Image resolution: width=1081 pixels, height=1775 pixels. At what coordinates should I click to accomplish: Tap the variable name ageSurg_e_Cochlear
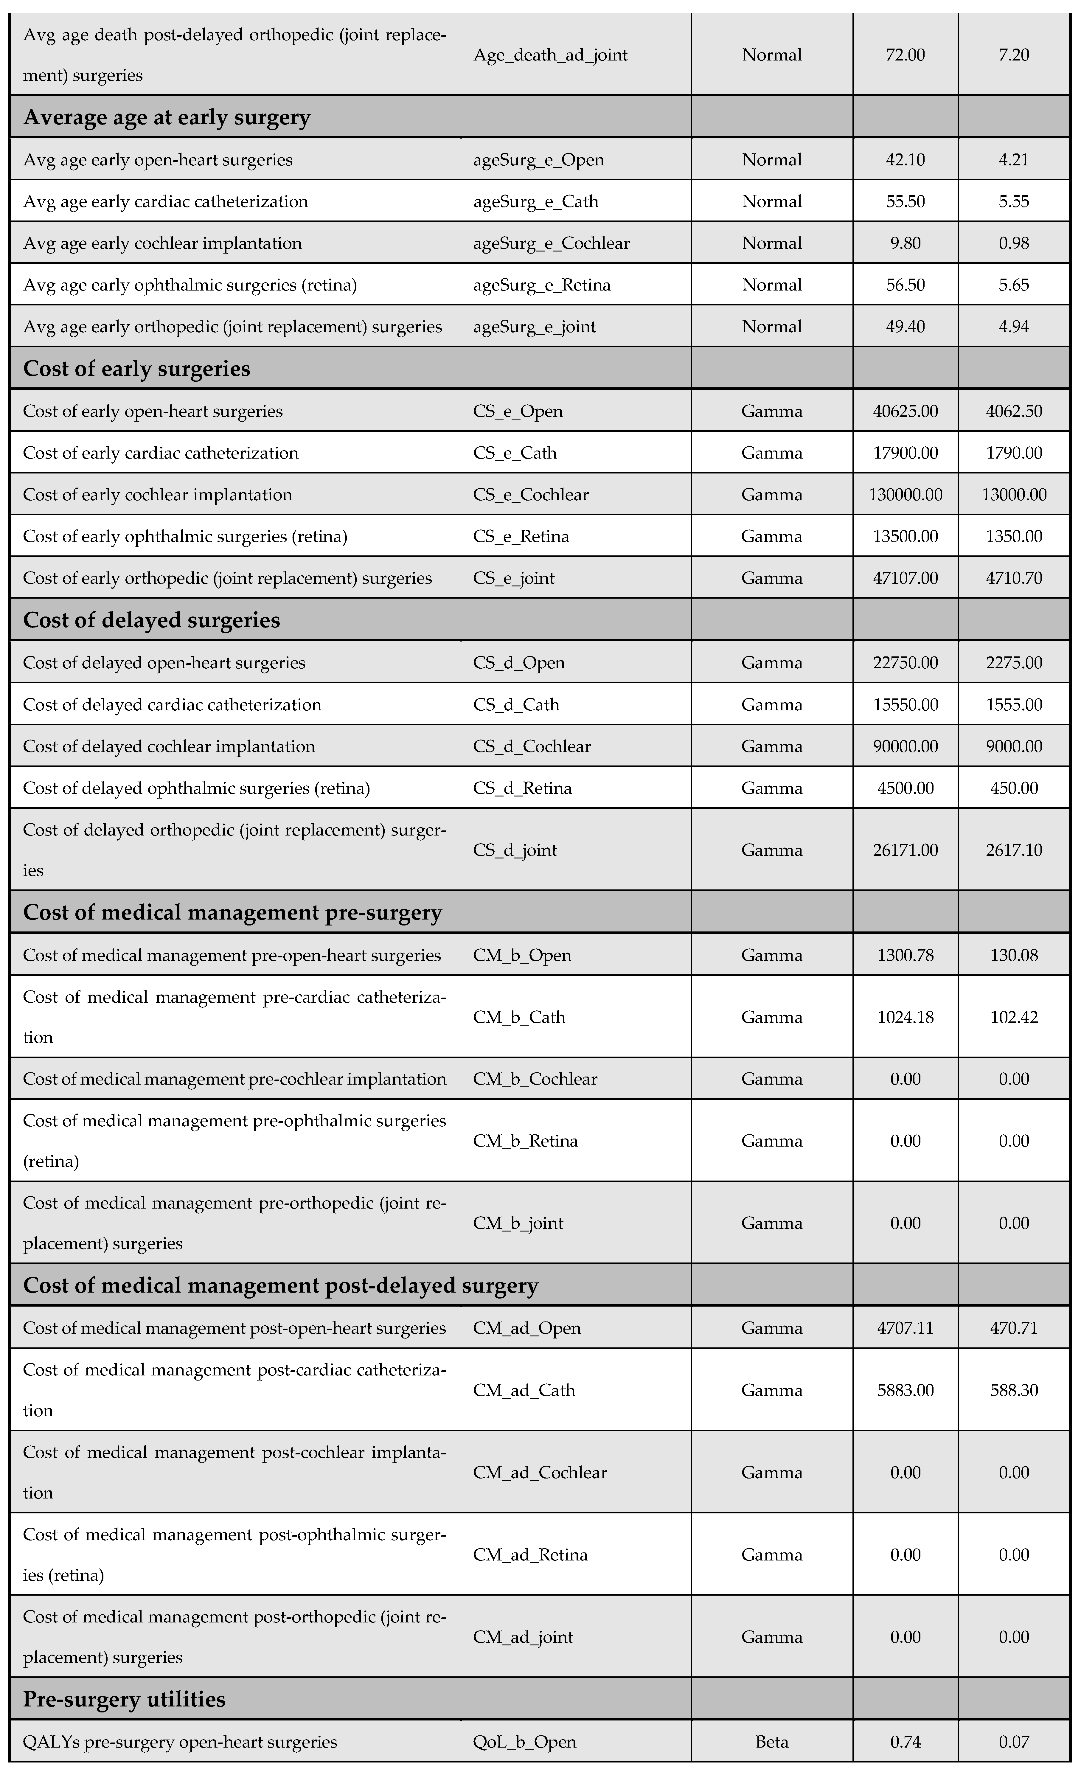coord(551,243)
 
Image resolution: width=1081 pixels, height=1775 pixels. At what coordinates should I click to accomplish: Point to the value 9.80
coord(905,243)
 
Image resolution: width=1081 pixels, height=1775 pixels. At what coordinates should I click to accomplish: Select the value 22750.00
coord(905,663)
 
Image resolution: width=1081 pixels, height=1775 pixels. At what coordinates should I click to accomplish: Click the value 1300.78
coord(905,955)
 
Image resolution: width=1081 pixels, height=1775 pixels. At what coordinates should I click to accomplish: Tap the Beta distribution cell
coord(772,1742)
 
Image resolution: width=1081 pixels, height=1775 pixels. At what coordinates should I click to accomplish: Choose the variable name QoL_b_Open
coord(524,1742)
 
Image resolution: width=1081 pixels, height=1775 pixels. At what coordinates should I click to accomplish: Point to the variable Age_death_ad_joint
coord(550,55)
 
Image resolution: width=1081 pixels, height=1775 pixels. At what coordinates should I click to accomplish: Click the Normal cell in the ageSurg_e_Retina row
coord(772,285)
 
